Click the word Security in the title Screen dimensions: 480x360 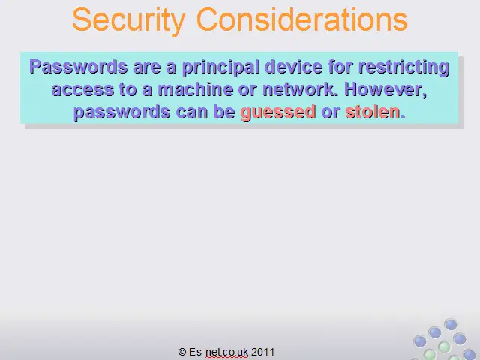pyautogui.click(x=129, y=21)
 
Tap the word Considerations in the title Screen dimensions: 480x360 pyautogui.click(x=301, y=19)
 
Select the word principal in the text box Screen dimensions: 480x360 pyautogui.click(x=220, y=68)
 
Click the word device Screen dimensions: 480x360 pyautogui.click(x=293, y=67)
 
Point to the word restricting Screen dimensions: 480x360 pyautogui.click(x=403, y=68)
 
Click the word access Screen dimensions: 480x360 pyautogui.click(x=82, y=90)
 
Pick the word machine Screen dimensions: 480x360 pyautogui.click(x=195, y=89)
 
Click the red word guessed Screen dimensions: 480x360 pyautogui.click(x=278, y=112)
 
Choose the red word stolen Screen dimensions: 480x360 pyautogui.click(x=373, y=112)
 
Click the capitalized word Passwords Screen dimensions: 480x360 pyautogui.click(x=78, y=67)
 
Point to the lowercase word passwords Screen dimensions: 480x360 pyautogui.click(x=121, y=112)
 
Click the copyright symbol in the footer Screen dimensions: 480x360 pyautogui.click(x=182, y=352)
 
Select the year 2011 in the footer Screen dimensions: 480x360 pyautogui.click(x=262, y=352)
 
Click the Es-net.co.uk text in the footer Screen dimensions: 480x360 pyautogui.click(x=218, y=352)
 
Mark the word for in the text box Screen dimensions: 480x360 pyautogui.click(x=340, y=67)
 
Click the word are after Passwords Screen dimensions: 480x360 pyautogui.click(x=147, y=68)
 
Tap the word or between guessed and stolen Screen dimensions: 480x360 pyautogui.click(x=331, y=112)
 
